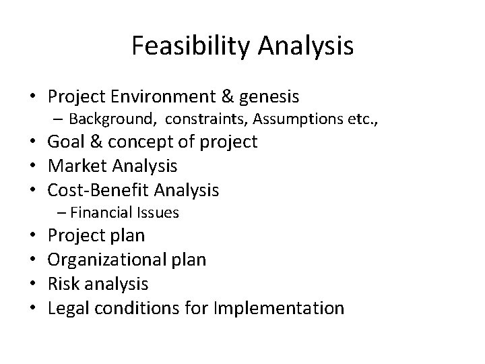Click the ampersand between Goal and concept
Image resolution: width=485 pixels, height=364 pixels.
[x=94, y=142]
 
